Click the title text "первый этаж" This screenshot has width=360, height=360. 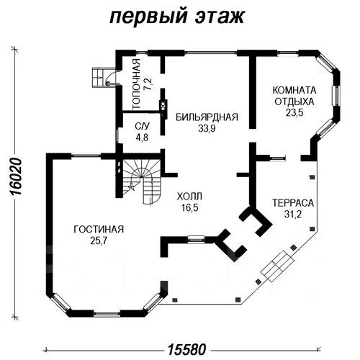pos(177,17)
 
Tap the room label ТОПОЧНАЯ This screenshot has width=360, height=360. pos(136,84)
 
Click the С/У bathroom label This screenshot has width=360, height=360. pos(142,126)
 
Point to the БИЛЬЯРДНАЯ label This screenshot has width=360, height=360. pos(207,117)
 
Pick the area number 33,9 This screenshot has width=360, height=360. pos(207,129)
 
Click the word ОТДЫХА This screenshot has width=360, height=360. pos(294,102)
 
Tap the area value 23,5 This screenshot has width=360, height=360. pos(294,112)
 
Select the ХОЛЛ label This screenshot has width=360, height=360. pos(189,197)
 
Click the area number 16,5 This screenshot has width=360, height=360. pos(189,207)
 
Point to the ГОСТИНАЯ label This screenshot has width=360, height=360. pos(99,230)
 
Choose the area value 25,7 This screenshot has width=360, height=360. pos(99,240)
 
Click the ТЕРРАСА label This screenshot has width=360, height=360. pos(293,203)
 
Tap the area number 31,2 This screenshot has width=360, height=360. pos(293,215)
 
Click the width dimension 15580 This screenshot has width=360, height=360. pos(186,349)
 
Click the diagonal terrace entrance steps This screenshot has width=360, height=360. pos(278,266)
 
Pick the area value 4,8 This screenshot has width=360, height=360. pos(142,138)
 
